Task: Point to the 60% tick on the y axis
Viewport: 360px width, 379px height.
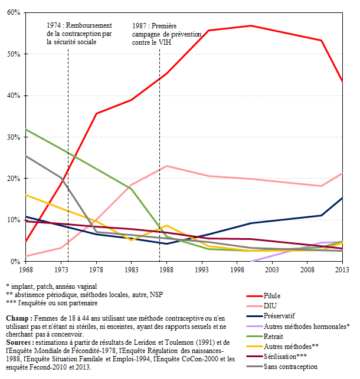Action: point(14,12)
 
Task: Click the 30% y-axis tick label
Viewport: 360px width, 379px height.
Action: point(14,137)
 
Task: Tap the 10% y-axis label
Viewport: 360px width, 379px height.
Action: point(14,220)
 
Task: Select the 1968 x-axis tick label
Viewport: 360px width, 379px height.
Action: point(26,269)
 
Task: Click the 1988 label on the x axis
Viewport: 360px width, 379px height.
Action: point(168,269)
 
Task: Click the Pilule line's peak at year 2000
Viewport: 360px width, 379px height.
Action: point(251,26)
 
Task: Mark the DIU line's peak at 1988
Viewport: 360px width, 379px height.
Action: point(168,166)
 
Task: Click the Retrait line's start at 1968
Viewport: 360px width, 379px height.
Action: point(26,130)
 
